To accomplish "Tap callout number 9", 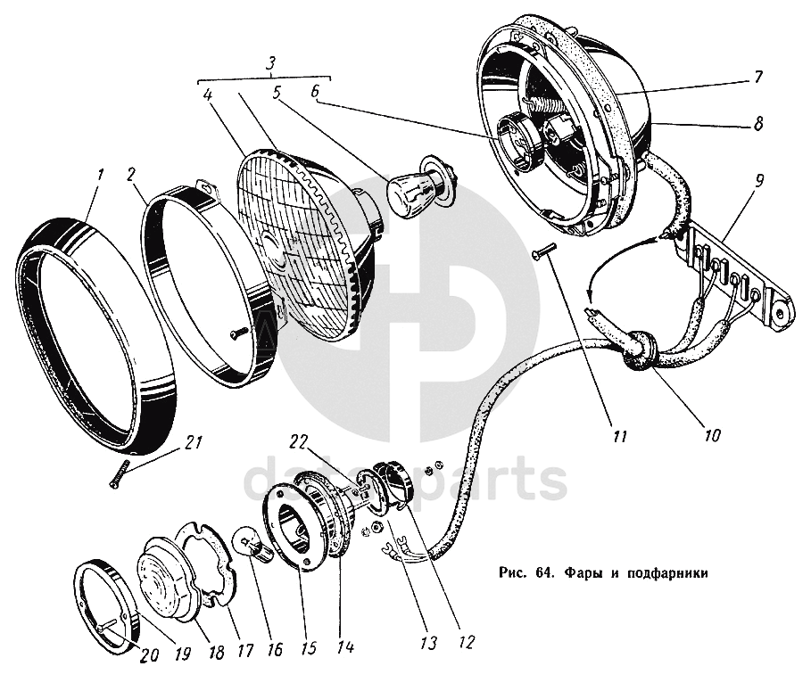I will (757, 180).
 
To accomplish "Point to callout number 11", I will (619, 437).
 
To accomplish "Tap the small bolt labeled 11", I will (542, 253).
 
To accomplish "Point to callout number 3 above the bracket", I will (273, 63).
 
